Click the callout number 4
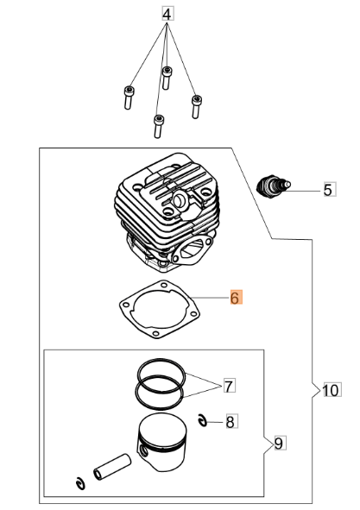point(167,15)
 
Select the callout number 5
point(330,190)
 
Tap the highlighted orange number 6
point(236,297)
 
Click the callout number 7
point(230,386)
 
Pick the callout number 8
point(231,422)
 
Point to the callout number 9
point(280,443)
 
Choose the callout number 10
point(332,390)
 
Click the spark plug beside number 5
point(273,186)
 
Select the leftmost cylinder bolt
point(129,98)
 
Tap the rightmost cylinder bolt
point(196,106)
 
